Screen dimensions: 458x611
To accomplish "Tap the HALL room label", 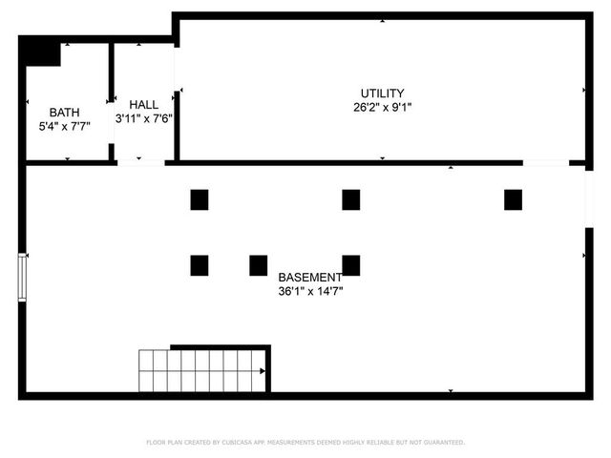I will [143, 105].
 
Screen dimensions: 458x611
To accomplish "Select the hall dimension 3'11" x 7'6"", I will [143, 119].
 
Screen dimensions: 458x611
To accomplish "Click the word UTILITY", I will [382, 93].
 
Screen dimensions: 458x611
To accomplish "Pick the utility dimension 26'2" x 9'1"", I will [382, 107].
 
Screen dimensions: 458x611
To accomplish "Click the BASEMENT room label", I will [309, 277].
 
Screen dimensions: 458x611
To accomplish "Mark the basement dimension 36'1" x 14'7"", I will [309, 291].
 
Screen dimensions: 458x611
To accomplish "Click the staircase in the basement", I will [201, 370].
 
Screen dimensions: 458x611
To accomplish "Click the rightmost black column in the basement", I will [513, 199].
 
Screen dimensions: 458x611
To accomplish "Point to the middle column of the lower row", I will [258, 265].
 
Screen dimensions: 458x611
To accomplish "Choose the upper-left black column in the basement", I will [199, 199].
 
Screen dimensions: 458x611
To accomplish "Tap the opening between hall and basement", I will [140, 163].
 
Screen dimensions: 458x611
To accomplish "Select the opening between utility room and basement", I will [546, 163].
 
